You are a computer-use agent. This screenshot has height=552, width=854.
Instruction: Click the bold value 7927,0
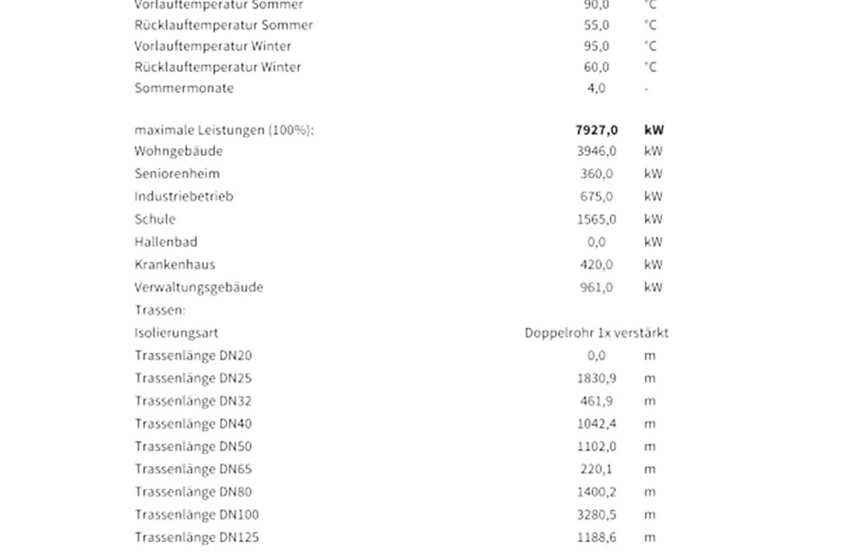tap(596, 130)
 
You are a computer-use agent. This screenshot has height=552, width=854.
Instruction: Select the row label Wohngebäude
tap(178, 151)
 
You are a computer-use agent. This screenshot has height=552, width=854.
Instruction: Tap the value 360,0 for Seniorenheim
tap(596, 174)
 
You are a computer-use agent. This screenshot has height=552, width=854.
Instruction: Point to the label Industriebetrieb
tap(184, 197)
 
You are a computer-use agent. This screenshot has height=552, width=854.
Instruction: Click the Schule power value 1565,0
tap(596, 220)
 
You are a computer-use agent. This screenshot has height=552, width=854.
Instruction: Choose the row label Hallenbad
tap(166, 242)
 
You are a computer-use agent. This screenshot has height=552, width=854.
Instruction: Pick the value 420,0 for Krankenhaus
tap(596, 265)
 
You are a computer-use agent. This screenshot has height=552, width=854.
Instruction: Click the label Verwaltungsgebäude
tap(199, 287)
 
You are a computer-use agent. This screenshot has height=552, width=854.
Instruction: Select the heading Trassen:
tap(160, 310)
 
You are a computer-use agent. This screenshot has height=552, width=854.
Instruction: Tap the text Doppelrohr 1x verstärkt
tap(596, 333)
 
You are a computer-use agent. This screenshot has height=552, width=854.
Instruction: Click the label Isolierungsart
tap(176, 333)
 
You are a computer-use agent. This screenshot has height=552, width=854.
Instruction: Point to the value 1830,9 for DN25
tap(596, 379)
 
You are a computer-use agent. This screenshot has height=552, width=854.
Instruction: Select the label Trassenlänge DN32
tap(193, 401)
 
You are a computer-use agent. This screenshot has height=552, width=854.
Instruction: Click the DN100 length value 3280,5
tap(596, 515)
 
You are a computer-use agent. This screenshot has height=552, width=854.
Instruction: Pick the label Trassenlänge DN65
tap(193, 469)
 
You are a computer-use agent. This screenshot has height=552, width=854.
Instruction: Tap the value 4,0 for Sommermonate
tap(596, 88)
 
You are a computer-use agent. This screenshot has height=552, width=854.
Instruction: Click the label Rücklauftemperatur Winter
tap(218, 67)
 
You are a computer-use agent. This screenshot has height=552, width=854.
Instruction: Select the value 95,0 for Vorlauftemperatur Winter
tap(596, 46)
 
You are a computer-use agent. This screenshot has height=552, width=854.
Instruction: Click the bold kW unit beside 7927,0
tap(653, 130)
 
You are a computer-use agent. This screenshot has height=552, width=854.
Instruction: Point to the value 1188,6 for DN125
tap(596, 537)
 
